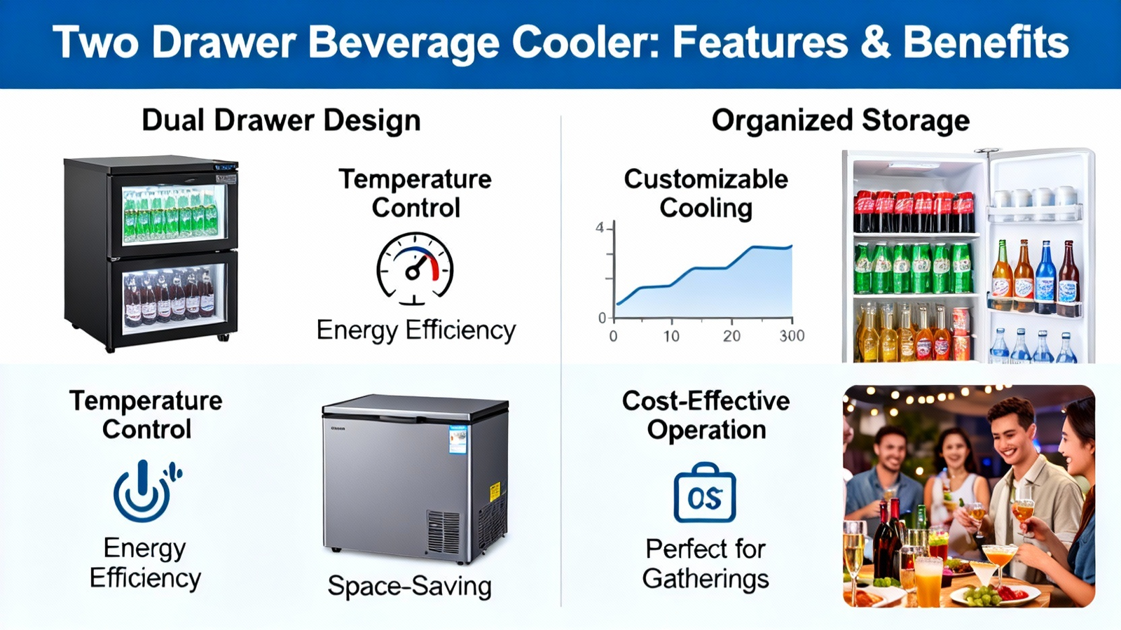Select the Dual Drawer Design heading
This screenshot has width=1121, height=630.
281,122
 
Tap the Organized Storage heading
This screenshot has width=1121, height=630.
841,122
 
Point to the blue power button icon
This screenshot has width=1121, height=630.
146,491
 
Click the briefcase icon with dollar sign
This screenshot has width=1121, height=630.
705,493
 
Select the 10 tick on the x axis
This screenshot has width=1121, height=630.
671,336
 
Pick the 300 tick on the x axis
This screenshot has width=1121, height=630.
792,335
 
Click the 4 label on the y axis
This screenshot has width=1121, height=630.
600,228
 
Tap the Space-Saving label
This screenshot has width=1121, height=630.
409,586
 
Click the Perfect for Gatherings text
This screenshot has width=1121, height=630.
705,563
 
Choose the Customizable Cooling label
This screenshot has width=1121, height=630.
706,193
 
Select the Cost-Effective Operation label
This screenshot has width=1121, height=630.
706,415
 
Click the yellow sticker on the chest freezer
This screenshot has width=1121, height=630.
495,491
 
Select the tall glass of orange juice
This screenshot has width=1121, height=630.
928,581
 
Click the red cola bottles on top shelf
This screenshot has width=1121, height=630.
914,211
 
